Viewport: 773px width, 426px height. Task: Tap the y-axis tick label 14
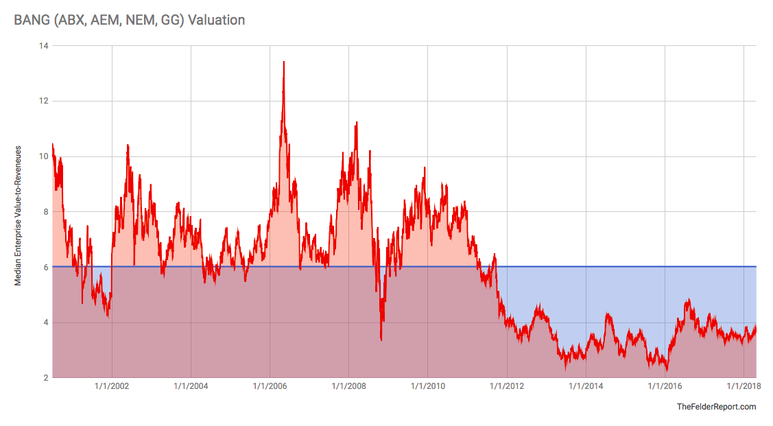point(43,46)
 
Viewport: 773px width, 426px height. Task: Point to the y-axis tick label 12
point(43,102)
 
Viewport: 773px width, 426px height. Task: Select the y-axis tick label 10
point(43,156)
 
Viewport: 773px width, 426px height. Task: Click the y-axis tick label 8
point(45,212)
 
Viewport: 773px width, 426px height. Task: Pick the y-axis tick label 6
point(45,268)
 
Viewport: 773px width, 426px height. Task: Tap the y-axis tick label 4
point(45,322)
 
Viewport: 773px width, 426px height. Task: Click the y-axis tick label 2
point(45,378)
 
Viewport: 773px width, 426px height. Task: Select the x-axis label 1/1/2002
point(111,386)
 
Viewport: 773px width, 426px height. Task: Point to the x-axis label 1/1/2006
point(270,386)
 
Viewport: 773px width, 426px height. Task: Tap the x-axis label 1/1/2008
point(348,386)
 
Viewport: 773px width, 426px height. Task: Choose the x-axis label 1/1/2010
point(427,386)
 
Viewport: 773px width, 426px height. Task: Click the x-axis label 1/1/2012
point(507,386)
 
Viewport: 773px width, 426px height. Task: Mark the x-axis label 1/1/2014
point(586,386)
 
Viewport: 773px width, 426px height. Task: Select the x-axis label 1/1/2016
point(665,386)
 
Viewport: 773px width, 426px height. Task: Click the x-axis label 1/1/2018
point(744,386)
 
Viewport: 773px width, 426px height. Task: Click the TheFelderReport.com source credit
point(716,407)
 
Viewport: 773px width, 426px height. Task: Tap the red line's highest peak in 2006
point(284,62)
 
